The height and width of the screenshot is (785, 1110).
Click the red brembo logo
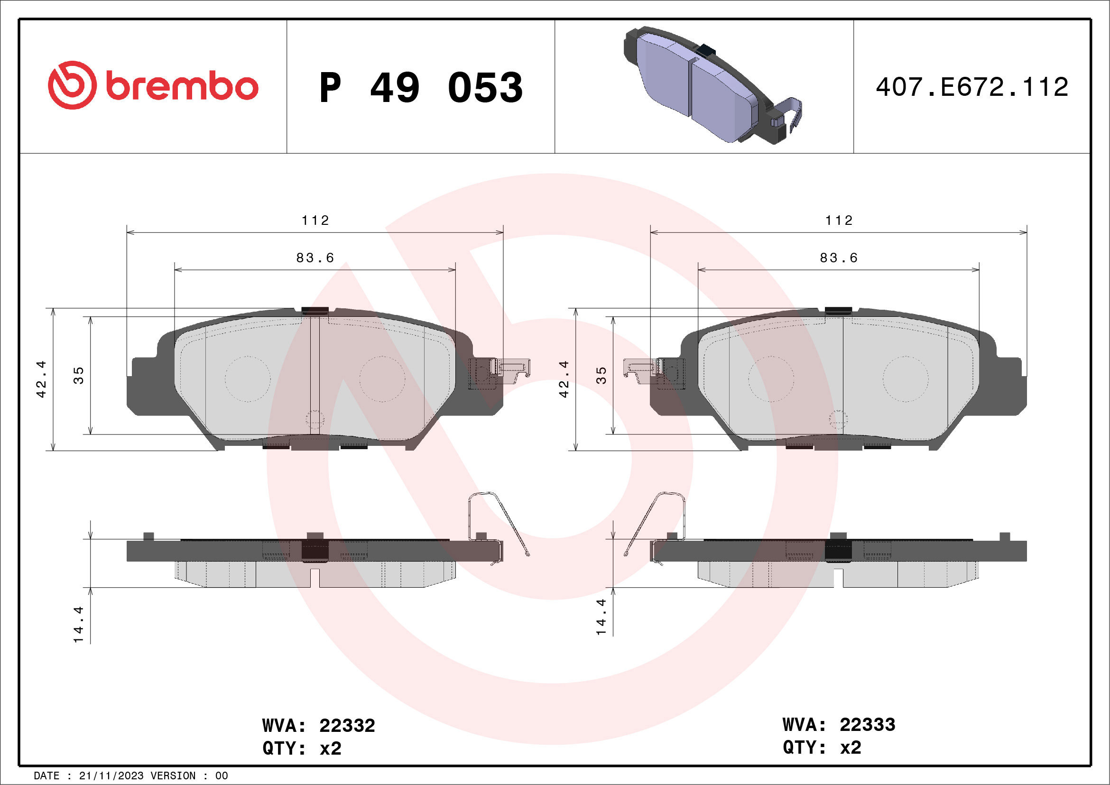click(x=153, y=85)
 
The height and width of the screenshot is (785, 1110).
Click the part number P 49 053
click(x=421, y=87)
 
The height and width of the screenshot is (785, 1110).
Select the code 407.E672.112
click(x=972, y=87)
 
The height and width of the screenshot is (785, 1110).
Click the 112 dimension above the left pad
click(x=315, y=221)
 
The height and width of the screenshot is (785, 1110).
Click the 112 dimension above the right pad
click(x=839, y=221)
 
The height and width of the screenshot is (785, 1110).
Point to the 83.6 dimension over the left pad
click(x=315, y=258)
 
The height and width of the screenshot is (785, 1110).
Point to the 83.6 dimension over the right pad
click(x=839, y=258)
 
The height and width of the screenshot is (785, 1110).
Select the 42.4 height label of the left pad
click(x=42, y=379)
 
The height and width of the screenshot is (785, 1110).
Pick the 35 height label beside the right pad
click(x=601, y=376)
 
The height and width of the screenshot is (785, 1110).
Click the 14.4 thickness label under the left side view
click(x=79, y=625)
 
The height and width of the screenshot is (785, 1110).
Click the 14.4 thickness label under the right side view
click(x=601, y=617)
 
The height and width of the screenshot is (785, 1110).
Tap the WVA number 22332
click(x=347, y=726)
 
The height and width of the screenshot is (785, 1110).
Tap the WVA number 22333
click(x=867, y=725)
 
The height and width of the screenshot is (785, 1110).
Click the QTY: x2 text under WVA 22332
click(x=302, y=748)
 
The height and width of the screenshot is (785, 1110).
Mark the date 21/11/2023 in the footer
click(x=111, y=776)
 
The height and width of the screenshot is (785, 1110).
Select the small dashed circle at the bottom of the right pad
click(x=838, y=419)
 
